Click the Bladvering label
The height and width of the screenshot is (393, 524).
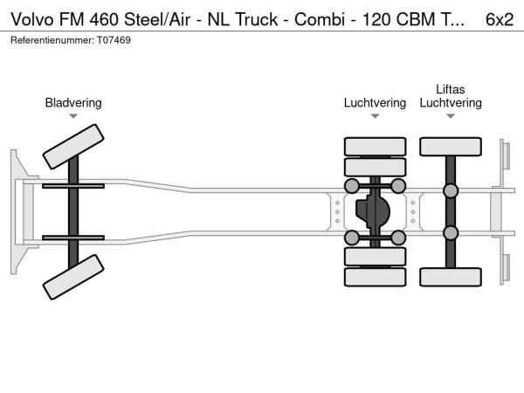[73, 103]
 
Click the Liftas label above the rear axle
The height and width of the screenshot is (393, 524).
[451, 89]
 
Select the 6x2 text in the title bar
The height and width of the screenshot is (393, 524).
[499, 18]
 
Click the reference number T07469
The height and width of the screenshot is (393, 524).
[114, 40]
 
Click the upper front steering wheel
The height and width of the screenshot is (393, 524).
[73, 145]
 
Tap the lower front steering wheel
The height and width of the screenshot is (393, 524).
[73, 280]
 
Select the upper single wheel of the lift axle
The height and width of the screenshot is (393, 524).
[451, 146]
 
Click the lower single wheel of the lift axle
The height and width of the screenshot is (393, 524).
[451, 277]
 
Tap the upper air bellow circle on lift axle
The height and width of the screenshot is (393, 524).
[451, 191]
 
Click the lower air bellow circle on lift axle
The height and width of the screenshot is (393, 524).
[451, 232]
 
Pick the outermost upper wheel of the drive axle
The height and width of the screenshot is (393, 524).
[376, 146]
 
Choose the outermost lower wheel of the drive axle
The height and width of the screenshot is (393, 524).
[376, 278]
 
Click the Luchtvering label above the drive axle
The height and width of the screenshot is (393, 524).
[375, 103]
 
